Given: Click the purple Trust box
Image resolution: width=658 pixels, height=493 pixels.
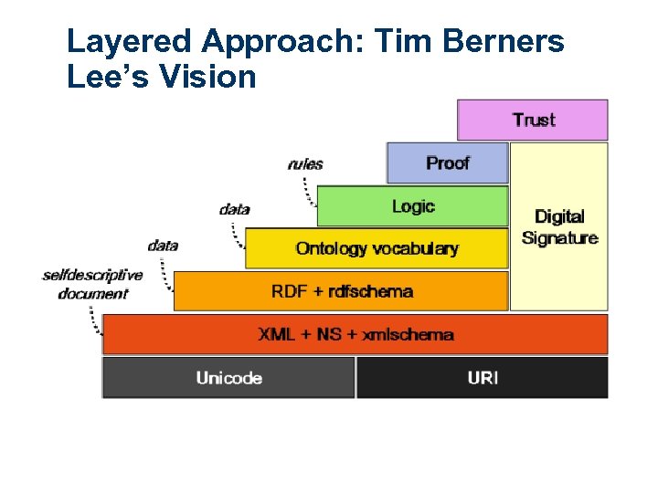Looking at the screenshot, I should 532,120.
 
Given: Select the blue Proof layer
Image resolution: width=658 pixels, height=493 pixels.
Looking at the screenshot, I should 447,163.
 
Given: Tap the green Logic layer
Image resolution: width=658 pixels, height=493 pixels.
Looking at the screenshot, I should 412,206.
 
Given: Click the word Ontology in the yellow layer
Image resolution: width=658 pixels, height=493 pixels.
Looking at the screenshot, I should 331,248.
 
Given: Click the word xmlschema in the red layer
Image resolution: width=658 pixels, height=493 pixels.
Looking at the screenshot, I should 408,334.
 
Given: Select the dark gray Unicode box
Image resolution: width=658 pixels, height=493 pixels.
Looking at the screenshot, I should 228,378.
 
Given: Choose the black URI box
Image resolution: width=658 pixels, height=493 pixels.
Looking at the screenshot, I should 482,378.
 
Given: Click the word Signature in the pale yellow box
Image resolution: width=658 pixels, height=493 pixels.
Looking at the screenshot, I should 559,238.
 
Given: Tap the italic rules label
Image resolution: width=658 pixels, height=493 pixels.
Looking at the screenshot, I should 305,164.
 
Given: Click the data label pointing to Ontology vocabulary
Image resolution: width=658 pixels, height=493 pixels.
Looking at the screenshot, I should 235,209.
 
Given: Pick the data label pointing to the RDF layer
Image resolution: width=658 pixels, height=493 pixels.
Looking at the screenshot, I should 163,245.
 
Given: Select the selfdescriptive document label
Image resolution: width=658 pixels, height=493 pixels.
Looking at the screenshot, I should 92,284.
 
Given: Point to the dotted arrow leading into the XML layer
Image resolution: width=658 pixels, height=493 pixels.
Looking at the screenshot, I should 94,322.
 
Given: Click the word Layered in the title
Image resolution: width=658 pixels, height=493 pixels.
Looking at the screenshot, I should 130,41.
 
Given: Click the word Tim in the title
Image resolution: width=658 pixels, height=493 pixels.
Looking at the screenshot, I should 401,41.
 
